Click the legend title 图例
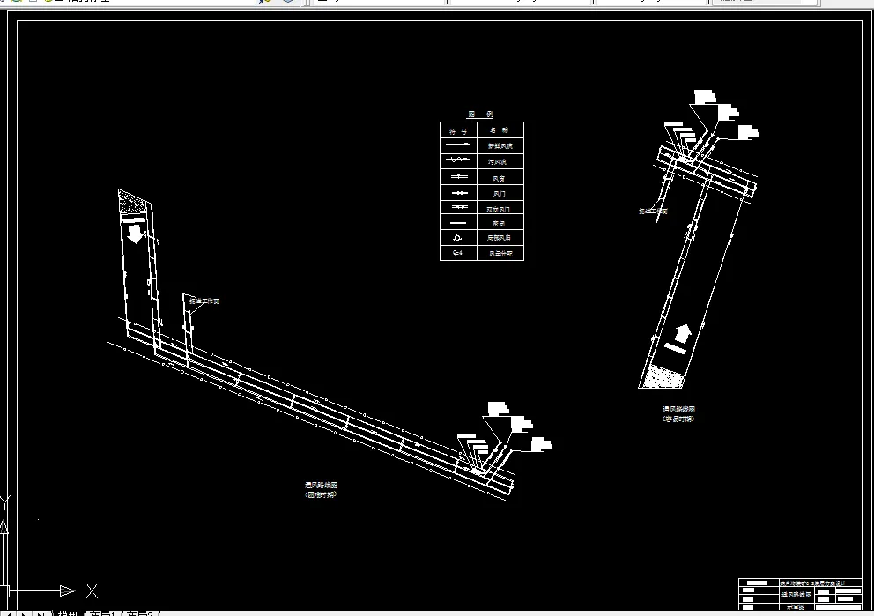[481, 115]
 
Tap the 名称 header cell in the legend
[500, 130]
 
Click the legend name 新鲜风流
[500, 145]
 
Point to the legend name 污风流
[500, 161]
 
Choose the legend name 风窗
[500, 177]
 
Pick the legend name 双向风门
[500, 208]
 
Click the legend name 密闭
[500, 223]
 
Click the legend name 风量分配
[500, 253]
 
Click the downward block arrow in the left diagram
[134, 234]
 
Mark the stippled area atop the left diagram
[134, 202]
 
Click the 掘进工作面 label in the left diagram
[204, 301]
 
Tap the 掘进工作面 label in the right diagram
[653, 212]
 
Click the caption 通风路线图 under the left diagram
[322, 485]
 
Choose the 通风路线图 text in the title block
[796, 595]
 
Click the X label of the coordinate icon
[92, 590]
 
